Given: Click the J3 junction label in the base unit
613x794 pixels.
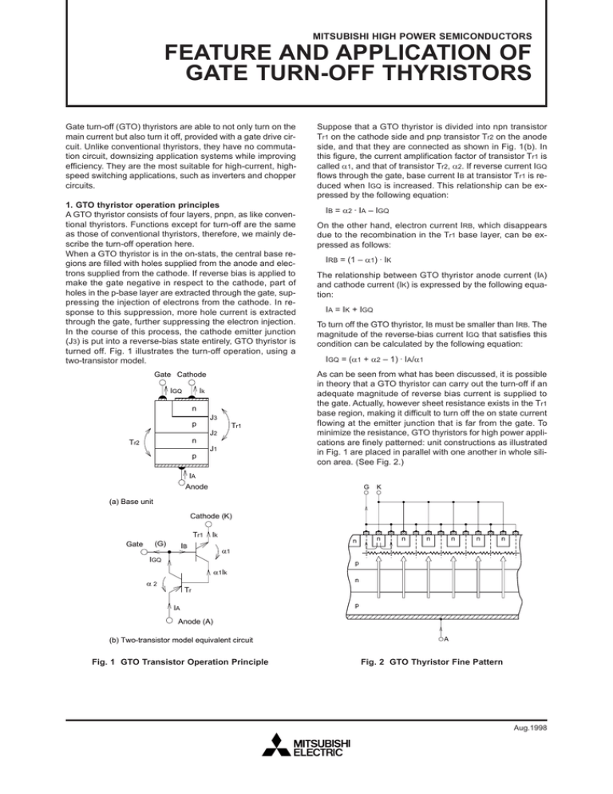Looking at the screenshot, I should pos(213,419).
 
